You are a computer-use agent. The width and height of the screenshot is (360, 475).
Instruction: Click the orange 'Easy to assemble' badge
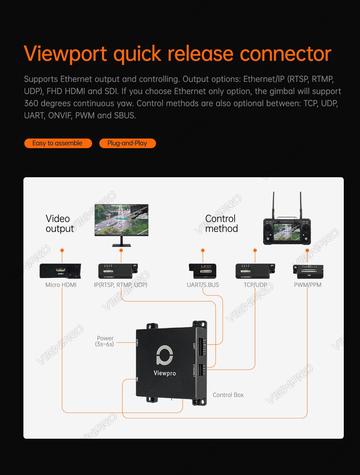pos(58,143)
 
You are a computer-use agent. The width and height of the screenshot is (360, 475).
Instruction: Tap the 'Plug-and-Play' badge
pos(127,143)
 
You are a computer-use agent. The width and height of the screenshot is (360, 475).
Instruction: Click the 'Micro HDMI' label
pos(61,285)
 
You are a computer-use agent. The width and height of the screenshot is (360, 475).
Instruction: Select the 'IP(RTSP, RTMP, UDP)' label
pos(121,285)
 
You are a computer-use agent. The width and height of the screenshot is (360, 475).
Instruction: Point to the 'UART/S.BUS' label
pos(203,285)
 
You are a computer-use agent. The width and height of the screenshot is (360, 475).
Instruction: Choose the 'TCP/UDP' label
pos(255,285)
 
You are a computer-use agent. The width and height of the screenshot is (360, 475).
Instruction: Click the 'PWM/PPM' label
pos(307,285)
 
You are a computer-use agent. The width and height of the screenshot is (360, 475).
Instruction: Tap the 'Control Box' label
pos(228,395)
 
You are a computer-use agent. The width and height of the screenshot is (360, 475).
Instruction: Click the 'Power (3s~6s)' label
pos(105,341)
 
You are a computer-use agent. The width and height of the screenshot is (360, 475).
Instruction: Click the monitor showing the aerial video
pos(122,225)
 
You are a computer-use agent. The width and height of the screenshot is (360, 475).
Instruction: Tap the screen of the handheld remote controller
pos(287,232)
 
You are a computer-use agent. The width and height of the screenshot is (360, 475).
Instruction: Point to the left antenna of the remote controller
pos(273,205)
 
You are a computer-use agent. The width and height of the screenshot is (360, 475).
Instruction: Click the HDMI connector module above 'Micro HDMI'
pos(60,271)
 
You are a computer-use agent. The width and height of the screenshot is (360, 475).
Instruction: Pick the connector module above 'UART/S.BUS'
pos(202,271)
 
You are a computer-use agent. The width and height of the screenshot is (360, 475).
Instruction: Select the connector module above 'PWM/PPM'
pos(308,271)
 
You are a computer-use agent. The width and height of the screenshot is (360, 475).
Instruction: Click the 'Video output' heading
pos(60,223)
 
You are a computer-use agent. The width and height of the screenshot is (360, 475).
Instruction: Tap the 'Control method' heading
pos(221,223)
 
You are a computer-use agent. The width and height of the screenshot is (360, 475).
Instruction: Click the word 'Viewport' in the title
pos(65,54)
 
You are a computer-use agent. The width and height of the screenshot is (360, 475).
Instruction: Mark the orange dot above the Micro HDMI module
pos(62,250)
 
